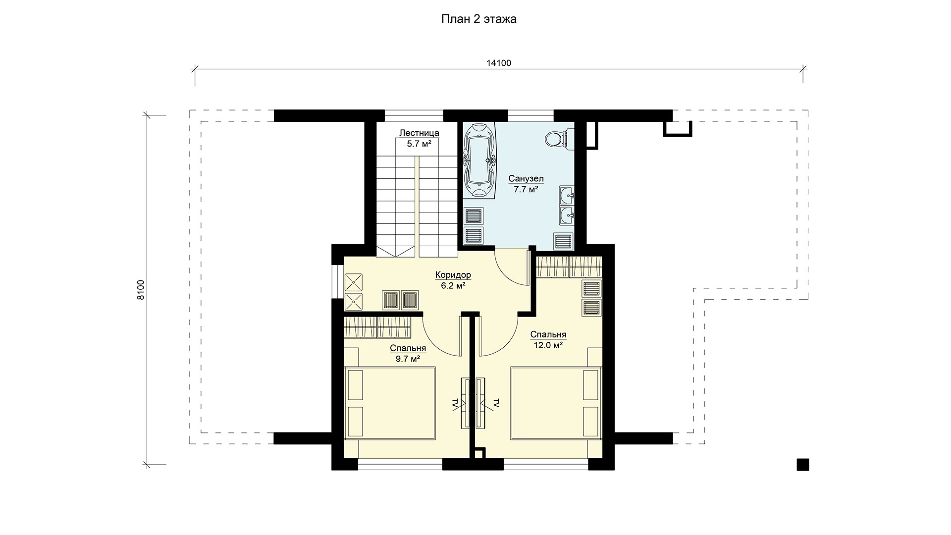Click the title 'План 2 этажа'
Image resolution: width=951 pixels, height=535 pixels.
pyautogui.click(x=479, y=19)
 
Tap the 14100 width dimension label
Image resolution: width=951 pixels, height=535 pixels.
pyautogui.click(x=499, y=63)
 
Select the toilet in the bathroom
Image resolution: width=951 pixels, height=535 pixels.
pyautogui.click(x=559, y=138)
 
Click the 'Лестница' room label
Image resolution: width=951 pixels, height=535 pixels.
pyautogui.click(x=419, y=133)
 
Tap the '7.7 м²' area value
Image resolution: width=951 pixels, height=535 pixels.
pyautogui.click(x=526, y=189)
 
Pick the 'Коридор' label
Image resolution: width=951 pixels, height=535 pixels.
pyautogui.click(x=453, y=275)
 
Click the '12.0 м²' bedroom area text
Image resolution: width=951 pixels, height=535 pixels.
pyautogui.click(x=548, y=346)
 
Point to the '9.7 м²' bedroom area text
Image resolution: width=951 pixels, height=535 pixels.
pyautogui.click(x=408, y=359)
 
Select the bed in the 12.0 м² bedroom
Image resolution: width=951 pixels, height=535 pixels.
pyautogui.click(x=557, y=402)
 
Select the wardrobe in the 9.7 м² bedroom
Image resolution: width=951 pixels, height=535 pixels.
pyautogui.click(x=377, y=327)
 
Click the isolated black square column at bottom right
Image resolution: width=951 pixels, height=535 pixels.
pyautogui.click(x=803, y=464)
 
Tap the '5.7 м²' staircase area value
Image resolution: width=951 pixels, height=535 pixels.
pyautogui.click(x=419, y=144)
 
